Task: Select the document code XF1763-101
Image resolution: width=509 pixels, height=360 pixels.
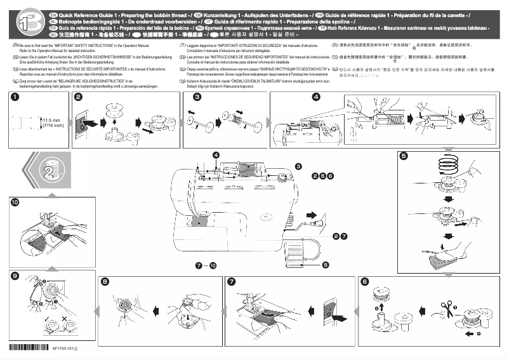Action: click(x=65, y=349)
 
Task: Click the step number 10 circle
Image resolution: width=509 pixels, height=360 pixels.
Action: click(x=15, y=202)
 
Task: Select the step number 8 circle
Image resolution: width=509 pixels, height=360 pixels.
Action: click(x=105, y=281)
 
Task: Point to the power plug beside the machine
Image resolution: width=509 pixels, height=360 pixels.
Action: click(x=314, y=216)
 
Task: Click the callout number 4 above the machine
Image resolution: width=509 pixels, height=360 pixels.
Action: click(x=216, y=154)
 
